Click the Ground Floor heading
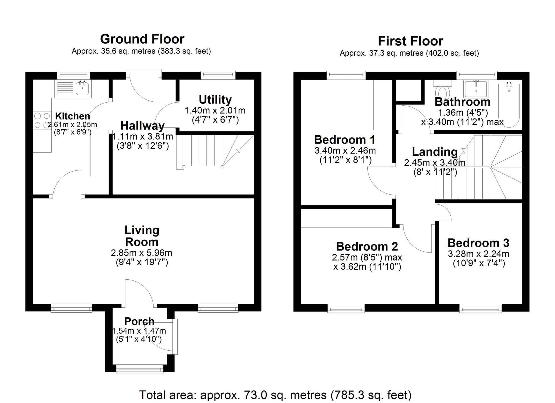coord(142,39)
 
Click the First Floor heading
coord(410,41)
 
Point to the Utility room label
coord(215,100)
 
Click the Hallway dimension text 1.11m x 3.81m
coord(143,137)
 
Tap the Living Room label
coord(142,236)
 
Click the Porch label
coord(139,321)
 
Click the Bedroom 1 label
coord(345,140)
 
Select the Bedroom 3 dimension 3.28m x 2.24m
coord(478,254)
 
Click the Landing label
coord(435,152)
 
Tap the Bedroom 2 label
coord(367,246)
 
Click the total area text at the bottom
coord(275,395)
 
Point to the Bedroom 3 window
coord(480,308)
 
